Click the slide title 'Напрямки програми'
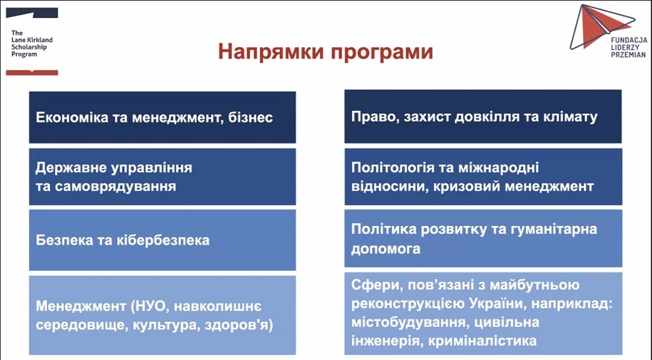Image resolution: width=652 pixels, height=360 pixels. tap(326, 52)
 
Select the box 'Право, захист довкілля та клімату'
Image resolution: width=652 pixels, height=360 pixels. tap(482, 117)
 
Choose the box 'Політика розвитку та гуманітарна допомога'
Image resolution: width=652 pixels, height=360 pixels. tap(482, 238)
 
